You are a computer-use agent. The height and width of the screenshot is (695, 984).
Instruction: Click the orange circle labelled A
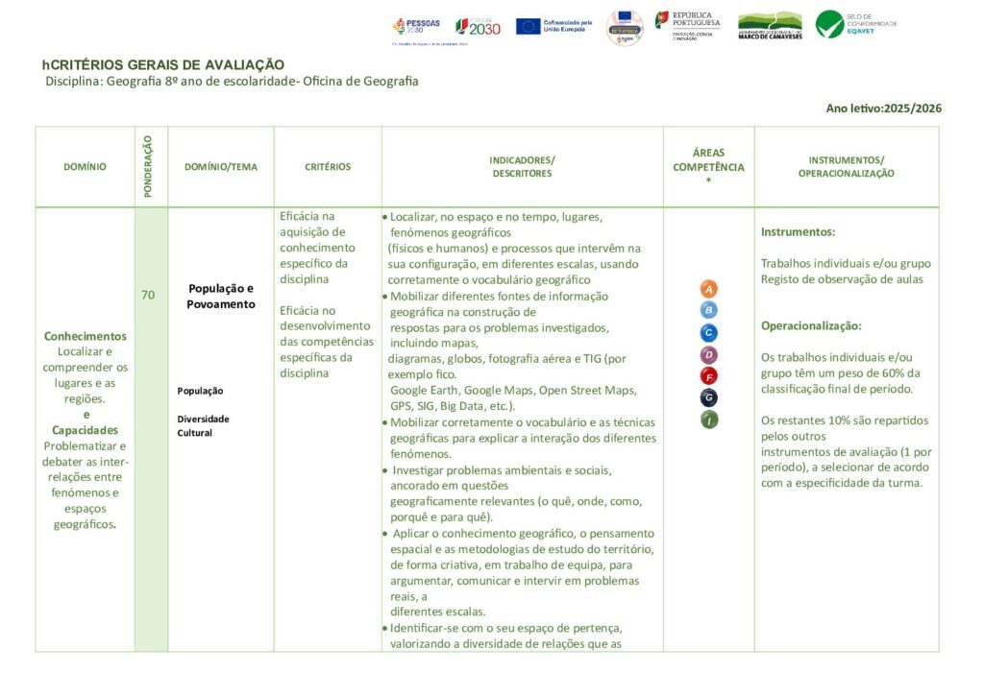tap(709, 289)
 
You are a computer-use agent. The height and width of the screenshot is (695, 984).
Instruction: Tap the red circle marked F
tap(709, 375)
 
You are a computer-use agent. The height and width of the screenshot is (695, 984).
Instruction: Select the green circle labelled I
tap(709, 419)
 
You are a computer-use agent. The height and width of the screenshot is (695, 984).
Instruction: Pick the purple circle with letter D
tap(709, 355)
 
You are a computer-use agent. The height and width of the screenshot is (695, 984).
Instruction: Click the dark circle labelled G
tap(709, 397)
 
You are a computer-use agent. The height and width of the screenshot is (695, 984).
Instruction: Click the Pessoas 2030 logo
tap(416, 26)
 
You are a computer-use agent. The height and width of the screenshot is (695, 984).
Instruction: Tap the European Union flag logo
tap(528, 26)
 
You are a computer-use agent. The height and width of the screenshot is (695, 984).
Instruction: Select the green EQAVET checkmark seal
tap(829, 24)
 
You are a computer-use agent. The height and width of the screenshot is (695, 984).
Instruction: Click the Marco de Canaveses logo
tap(769, 25)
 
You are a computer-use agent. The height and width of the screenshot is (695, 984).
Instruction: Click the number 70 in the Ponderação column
tap(148, 295)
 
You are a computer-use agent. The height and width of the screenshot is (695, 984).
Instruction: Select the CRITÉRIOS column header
tap(328, 167)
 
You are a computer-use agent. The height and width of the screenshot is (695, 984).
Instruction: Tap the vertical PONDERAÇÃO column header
tap(148, 167)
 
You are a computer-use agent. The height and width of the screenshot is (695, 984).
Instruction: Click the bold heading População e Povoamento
tap(221, 296)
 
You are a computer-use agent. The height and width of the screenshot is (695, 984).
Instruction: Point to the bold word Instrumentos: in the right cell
tap(798, 232)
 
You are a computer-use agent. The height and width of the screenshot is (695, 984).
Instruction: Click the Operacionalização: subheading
tap(811, 325)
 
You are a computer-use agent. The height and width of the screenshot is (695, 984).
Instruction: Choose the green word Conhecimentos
tap(86, 336)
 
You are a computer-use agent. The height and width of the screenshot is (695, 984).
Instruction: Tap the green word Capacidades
tap(86, 430)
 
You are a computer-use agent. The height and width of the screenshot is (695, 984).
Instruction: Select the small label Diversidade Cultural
tap(203, 425)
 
